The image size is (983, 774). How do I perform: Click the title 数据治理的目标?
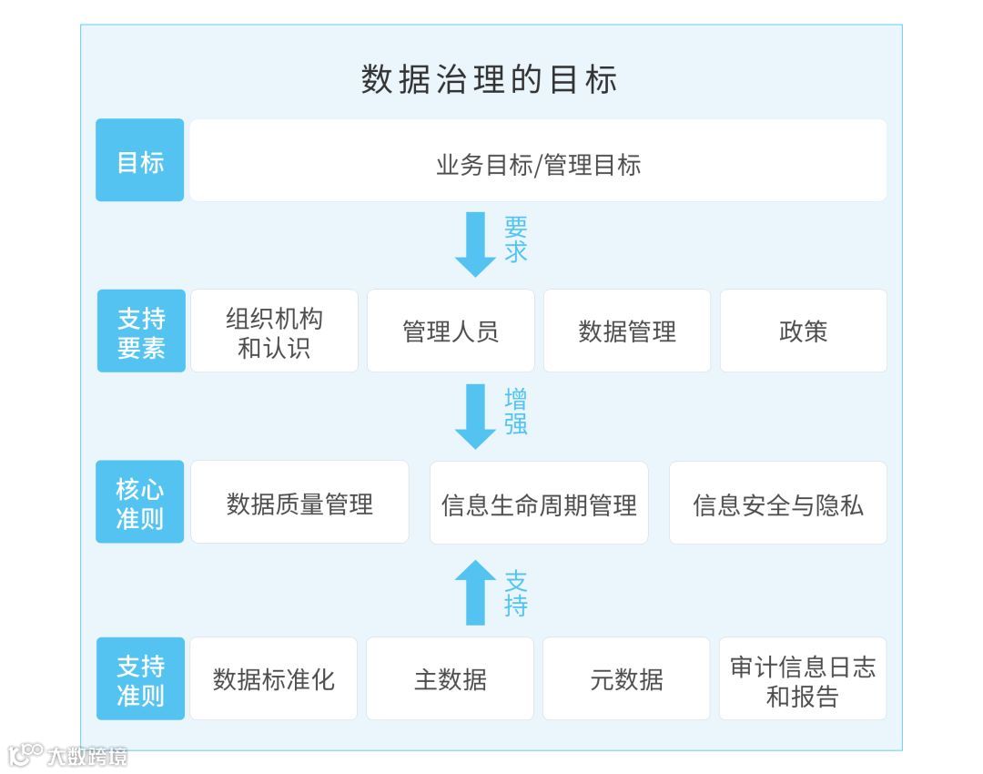(490, 79)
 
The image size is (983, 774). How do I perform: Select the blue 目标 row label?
(140, 160)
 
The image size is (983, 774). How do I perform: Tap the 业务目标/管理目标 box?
(538, 161)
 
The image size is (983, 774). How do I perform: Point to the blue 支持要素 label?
(141, 331)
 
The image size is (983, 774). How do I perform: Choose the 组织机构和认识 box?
(274, 331)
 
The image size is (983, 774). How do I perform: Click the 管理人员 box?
(451, 331)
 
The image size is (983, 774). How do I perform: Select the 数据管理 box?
(627, 331)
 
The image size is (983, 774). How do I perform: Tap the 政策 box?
(803, 331)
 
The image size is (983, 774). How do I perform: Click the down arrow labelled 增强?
(475, 415)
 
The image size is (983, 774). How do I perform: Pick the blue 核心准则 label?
(140, 503)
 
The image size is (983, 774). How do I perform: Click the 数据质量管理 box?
(299, 503)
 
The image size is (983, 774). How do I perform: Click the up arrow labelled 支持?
(475, 592)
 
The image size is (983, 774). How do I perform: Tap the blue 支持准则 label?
(140, 679)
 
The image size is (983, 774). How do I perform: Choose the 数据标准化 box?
(273, 679)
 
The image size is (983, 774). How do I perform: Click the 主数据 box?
(450, 679)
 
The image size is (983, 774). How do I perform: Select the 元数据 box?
(626, 679)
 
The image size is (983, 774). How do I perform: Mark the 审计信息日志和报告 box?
(802, 679)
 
